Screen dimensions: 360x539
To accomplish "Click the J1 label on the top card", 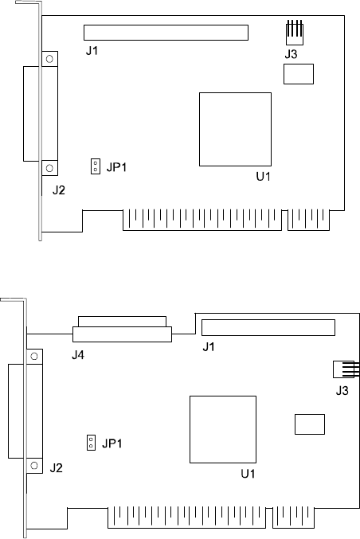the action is point(92,51).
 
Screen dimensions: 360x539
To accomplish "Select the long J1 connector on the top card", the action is point(166,33).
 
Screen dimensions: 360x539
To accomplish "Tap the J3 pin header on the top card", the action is point(295,33).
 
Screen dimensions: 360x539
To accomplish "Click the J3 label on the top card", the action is point(291,54).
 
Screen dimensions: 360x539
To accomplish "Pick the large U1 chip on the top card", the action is point(235,129).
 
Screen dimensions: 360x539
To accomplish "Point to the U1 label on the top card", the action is point(263,177).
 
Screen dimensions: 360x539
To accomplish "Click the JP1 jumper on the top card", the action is point(96,166).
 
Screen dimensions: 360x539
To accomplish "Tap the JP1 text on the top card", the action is point(116,167).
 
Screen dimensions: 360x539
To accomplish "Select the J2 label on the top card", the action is point(59,189).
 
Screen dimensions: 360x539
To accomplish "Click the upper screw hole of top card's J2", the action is point(49,59).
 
